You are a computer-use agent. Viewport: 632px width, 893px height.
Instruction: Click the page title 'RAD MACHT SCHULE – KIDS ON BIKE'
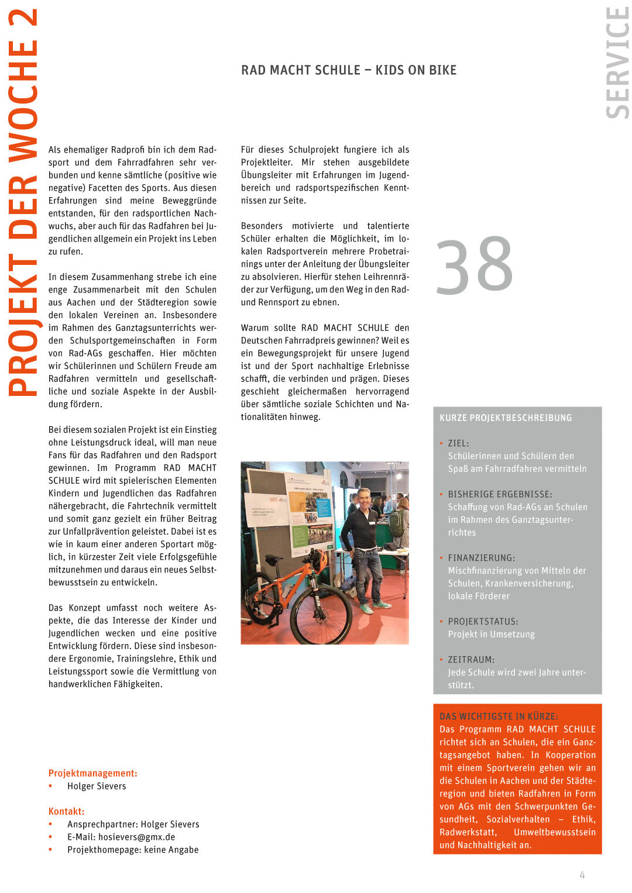tap(349, 70)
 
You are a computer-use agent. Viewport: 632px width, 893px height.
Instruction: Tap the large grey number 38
tap(475, 266)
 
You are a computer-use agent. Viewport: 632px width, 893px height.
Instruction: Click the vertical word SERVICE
tap(617, 63)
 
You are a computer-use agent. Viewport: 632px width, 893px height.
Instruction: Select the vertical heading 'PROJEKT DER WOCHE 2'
tap(23, 202)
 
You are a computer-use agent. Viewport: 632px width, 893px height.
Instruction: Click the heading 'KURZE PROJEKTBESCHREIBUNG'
tap(506, 418)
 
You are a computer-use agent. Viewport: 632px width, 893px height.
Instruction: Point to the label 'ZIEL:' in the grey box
tap(458, 443)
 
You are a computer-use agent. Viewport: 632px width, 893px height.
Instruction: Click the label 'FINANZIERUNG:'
tap(481, 558)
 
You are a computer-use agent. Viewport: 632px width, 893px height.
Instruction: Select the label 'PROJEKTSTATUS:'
tap(483, 622)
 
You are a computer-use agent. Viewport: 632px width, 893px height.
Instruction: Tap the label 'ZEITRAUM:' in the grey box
tap(471, 660)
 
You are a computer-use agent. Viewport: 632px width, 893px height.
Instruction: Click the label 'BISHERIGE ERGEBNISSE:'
tap(500, 494)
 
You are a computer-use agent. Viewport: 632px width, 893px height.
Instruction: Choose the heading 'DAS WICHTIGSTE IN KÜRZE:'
tap(499, 716)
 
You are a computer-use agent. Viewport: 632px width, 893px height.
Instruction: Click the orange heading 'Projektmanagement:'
tap(93, 773)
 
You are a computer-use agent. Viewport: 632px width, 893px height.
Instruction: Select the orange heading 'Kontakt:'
tap(67, 811)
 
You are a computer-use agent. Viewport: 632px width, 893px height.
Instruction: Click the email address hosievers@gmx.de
tap(137, 837)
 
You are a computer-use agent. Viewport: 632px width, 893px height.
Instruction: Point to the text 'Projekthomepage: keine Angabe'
tap(133, 850)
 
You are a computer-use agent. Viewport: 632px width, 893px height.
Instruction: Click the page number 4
tap(582, 875)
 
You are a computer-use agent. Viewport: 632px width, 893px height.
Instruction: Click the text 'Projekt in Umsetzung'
tap(491, 635)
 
